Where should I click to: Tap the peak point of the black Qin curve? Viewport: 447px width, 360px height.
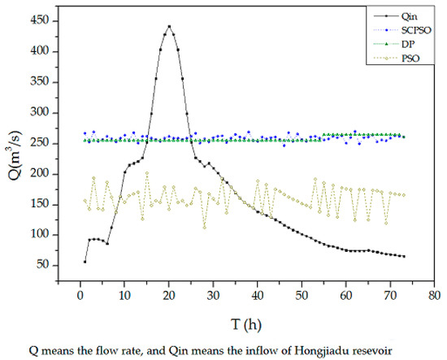(169, 26)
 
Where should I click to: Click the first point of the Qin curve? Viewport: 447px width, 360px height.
(85, 261)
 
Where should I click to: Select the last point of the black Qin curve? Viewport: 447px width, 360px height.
(403, 256)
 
